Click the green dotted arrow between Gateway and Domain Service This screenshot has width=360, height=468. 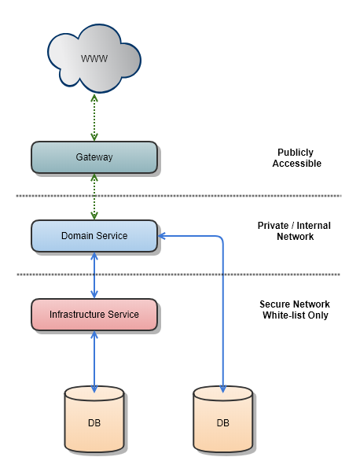coord(94,197)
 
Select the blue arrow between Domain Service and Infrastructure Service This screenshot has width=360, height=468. coord(94,275)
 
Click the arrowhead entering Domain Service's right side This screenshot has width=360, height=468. coord(162,236)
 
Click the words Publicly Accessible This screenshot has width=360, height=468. coord(296,158)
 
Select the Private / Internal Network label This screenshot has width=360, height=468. coord(294,230)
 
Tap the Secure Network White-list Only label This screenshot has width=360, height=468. coord(294,309)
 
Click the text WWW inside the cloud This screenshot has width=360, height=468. coord(94,59)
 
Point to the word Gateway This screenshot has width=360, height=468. coord(94,157)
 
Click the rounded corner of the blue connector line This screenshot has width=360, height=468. coord(222,238)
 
